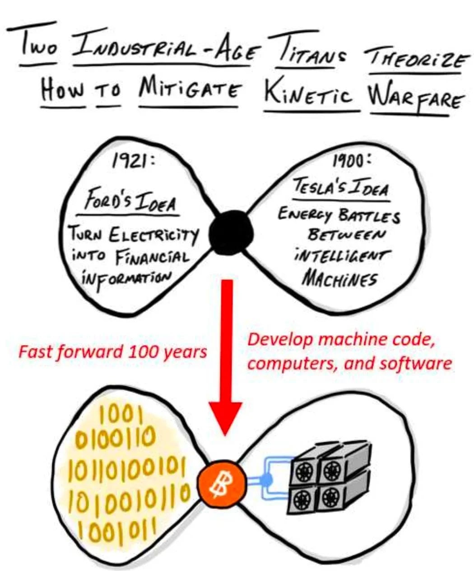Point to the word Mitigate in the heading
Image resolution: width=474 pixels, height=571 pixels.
(191, 91)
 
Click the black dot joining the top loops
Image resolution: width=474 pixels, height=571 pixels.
(231, 233)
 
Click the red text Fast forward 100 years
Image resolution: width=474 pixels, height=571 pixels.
(112, 352)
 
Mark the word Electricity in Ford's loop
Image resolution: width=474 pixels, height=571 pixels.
(153, 235)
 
